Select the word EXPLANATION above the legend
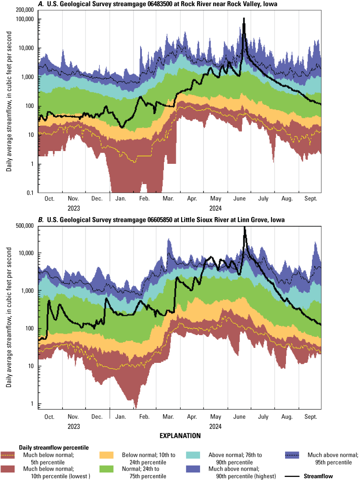point(180,436)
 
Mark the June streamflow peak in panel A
point(244,18)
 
